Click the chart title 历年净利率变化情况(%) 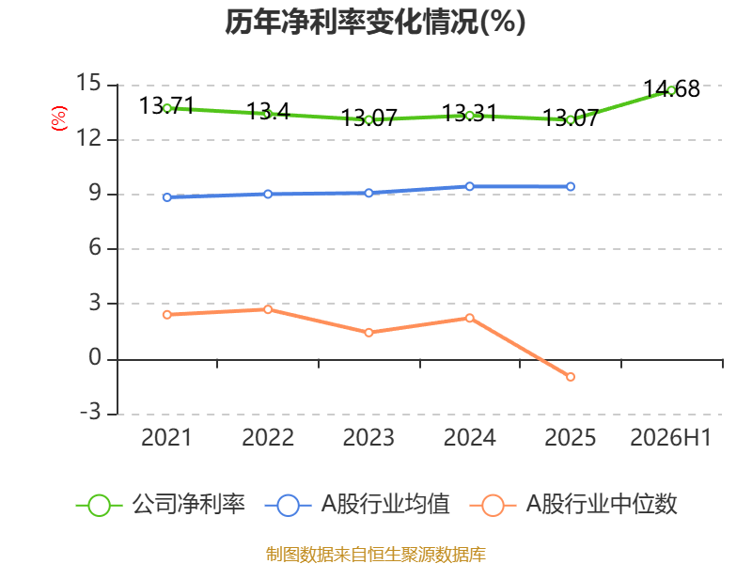(375, 22)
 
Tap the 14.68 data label (671, 89)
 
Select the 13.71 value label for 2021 (166, 106)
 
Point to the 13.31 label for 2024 (469, 114)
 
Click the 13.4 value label (268, 112)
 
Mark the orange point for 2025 (571, 377)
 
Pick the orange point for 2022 (268, 309)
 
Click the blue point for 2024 (469, 186)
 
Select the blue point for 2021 (167, 197)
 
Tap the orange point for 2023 (368, 333)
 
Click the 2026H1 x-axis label (670, 438)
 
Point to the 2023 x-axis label (368, 438)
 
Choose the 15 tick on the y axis (88, 83)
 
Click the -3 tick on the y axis (90, 412)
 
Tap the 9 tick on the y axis (95, 193)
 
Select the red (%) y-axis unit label (59, 118)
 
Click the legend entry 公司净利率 (161, 505)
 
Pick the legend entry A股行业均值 (357, 505)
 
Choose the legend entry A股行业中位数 (573, 505)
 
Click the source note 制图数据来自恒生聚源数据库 (375, 555)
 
